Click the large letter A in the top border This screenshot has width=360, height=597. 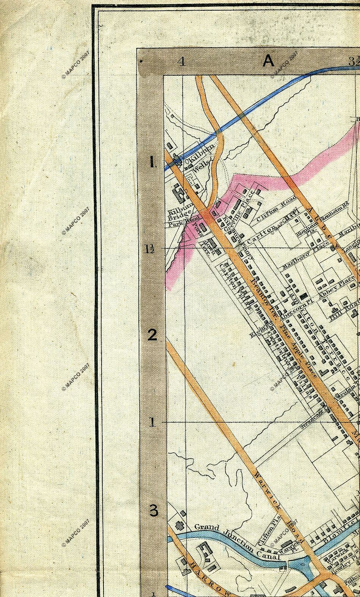pos(268,61)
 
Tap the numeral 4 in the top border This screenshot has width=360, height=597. pos(182,61)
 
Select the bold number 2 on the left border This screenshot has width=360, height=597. pos(152,335)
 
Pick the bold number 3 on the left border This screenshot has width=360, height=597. pos(153,511)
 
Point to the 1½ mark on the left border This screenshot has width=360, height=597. pos(149,249)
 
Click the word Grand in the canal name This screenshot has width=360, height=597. pos(207,528)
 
